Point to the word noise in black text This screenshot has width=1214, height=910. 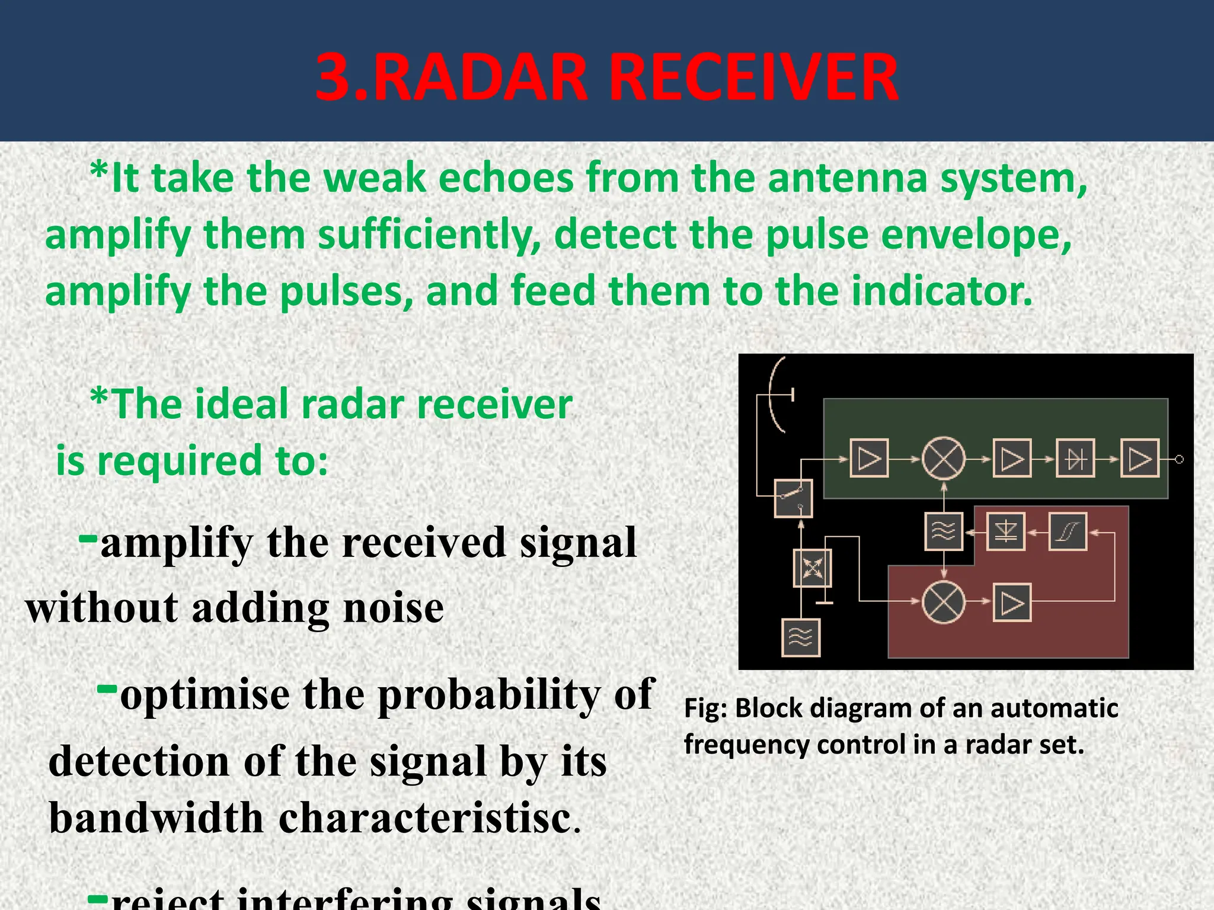[394, 608]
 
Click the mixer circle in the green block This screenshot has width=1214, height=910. [944, 459]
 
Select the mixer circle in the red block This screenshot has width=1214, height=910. [944, 602]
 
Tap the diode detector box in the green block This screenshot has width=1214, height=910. [1075, 459]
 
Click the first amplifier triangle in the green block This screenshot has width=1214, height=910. [869, 459]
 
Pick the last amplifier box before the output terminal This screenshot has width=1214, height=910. [1139, 459]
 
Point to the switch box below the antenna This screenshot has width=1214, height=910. [793, 498]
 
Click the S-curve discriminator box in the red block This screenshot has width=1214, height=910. [1067, 531]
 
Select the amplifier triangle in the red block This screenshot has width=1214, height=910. [1012, 603]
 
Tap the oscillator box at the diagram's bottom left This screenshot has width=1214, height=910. [801, 637]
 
